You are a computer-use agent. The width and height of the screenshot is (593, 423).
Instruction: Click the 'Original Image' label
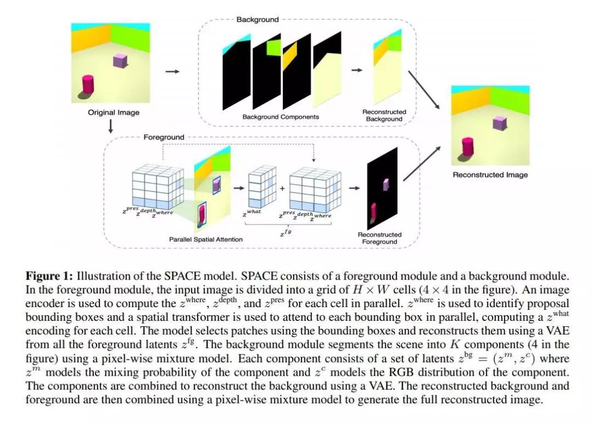tap(114, 113)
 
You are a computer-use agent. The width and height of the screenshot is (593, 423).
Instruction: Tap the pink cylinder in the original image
tap(88, 85)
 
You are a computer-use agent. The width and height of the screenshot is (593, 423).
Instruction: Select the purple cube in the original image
tap(120, 60)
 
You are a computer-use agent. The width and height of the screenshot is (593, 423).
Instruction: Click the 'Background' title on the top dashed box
tap(258, 19)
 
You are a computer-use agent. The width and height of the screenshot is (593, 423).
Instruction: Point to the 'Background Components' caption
tap(281, 117)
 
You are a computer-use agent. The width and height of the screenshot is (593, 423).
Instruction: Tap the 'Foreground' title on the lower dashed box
tap(164, 137)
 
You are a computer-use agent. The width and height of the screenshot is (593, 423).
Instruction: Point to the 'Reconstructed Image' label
tap(490, 175)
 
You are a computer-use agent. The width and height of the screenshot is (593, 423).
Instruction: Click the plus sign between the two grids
tap(282, 188)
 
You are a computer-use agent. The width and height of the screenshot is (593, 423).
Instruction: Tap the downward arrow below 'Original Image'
tap(111, 127)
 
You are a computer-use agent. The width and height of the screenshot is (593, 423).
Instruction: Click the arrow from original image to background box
tap(172, 71)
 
